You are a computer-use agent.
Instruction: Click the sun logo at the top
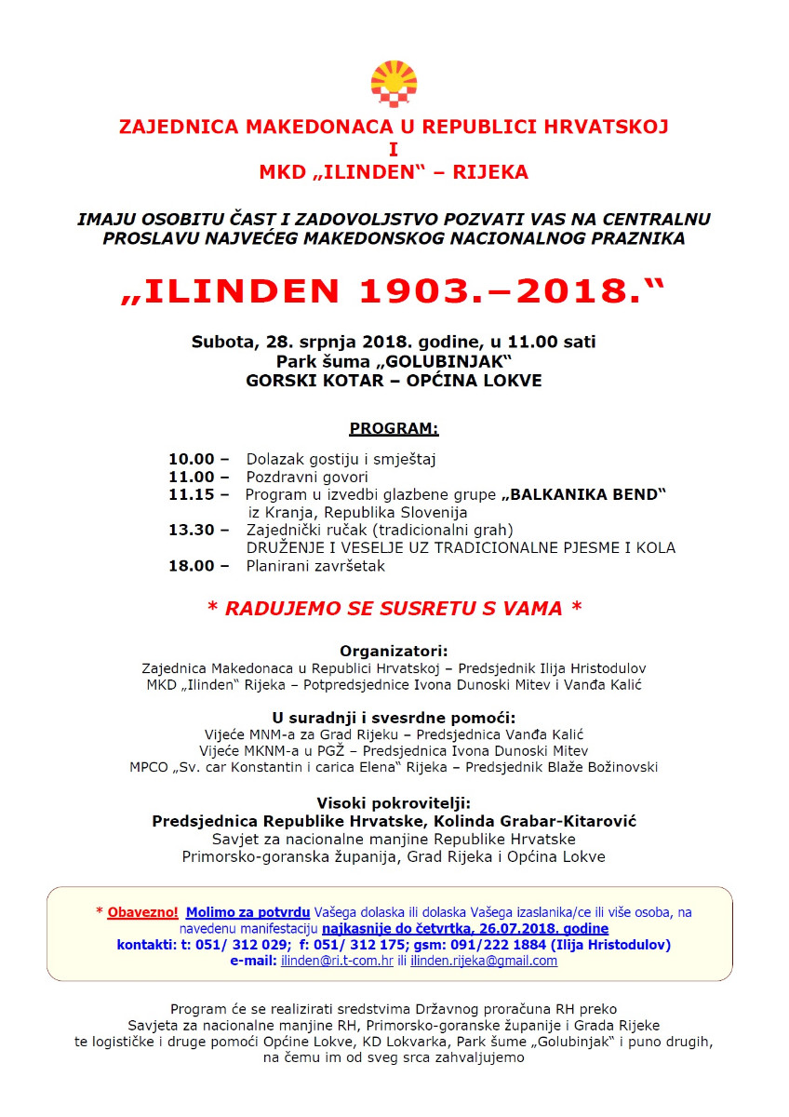(394, 84)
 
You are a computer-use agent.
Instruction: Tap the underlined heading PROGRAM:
(394, 429)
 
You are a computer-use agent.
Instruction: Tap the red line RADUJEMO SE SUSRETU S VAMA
(394, 609)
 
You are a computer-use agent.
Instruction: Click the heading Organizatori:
(394, 651)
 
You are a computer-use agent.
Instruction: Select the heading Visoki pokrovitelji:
(394, 803)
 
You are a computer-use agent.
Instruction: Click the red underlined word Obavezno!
(142, 912)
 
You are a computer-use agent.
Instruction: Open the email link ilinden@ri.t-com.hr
(337, 962)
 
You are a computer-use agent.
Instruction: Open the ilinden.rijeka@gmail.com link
(484, 962)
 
